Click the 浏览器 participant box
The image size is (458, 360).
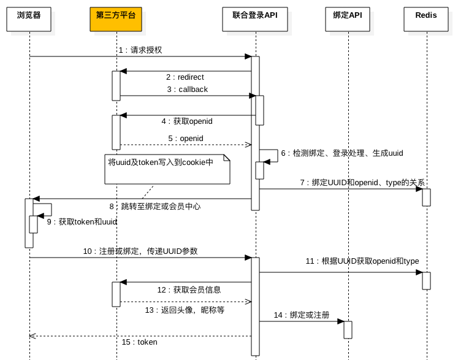pyautogui.click(x=29, y=19)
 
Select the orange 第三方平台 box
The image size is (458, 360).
pyautogui.click(x=115, y=19)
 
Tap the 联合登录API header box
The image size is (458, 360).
pyautogui.click(x=255, y=19)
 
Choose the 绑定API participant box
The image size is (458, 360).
pyautogui.click(x=348, y=19)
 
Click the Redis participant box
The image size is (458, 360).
pyautogui.click(x=426, y=19)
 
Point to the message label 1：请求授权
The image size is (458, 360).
pyautogui.click(x=140, y=50)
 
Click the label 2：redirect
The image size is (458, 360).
pyautogui.click(x=185, y=77)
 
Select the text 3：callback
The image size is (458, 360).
pyautogui.click(x=188, y=90)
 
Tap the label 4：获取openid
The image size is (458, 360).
pyautogui.click(x=187, y=121)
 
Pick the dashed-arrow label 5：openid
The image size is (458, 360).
pyautogui.click(x=186, y=139)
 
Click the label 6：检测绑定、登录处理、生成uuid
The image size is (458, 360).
pyautogui.click(x=342, y=153)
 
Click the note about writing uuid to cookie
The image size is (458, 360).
pyautogui.click(x=167, y=169)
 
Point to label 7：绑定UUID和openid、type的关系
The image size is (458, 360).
pyautogui.click(x=362, y=183)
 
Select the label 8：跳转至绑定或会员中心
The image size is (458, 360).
pyautogui.click(x=155, y=207)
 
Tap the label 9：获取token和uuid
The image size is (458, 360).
pyautogui.click(x=82, y=222)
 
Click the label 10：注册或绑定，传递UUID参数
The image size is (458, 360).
pyautogui.click(x=140, y=251)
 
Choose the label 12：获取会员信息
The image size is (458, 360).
pyautogui.click(x=189, y=290)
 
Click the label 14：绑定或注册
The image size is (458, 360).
pyautogui.click(x=302, y=315)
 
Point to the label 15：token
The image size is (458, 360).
pyautogui.click(x=139, y=342)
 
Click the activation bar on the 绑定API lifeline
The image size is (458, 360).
pyautogui.click(x=348, y=330)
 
